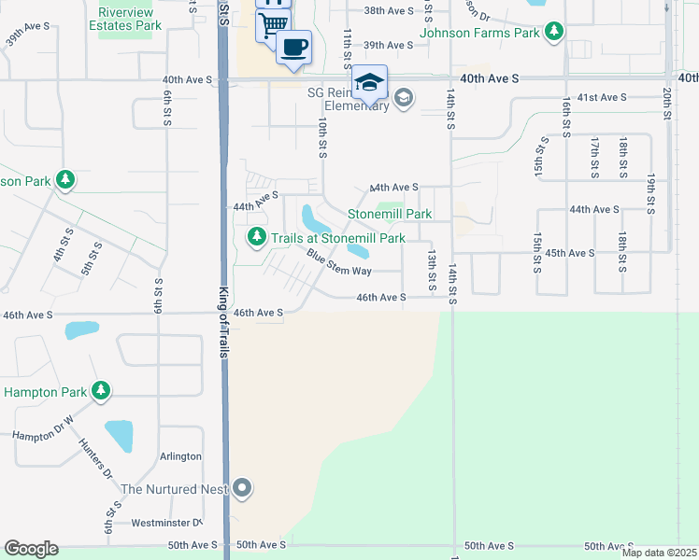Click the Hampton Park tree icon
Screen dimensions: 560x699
pyautogui.click(x=99, y=391)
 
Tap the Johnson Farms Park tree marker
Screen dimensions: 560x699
pyautogui.click(x=555, y=33)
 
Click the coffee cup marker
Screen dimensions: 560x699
pyautogui.click(x=293, y=47)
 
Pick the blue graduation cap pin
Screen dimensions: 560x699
pyautogui.click(x=369, y=82)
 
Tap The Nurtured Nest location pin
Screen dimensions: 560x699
pyautogui.click(x=243, y=488)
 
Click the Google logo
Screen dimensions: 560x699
pyautogui.click(x=31, y=549)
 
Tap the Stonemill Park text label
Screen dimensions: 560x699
pyautogui.click(x=390, y=214)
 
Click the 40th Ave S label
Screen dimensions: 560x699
pyautogui.click(x=491, y=80)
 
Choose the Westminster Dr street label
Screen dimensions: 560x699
pyautogui.click(x=166, y=523)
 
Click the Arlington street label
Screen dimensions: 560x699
pyautogui.click(x=180, y=456)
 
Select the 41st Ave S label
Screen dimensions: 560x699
pyautogui.click(x=601, y=97)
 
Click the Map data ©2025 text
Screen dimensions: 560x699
pyautogui.click(x=659, y=553)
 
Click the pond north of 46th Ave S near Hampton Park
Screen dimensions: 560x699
pyautogui.click(x=81, y=330)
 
